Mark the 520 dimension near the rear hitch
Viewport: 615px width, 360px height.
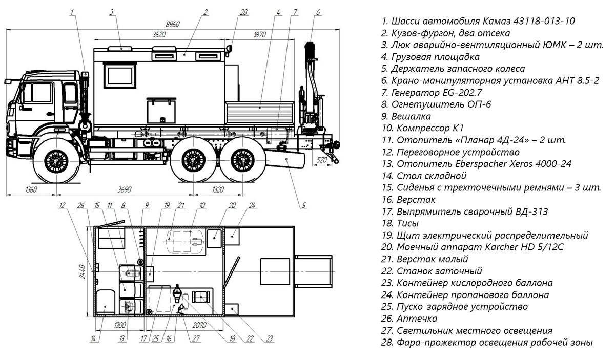322,160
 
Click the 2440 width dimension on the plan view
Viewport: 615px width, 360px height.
82,271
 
